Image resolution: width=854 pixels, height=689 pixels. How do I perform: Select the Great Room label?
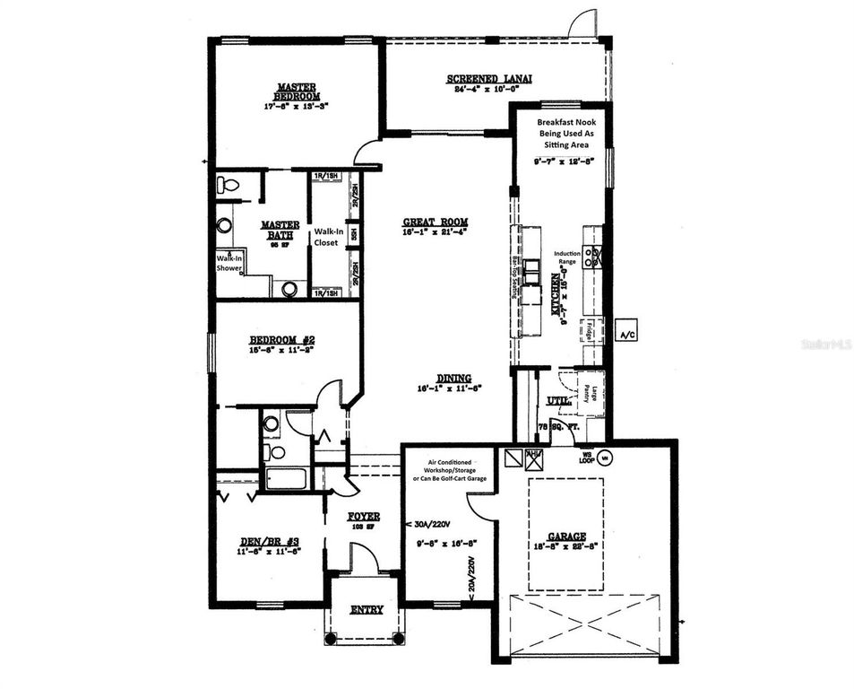click(436, 222)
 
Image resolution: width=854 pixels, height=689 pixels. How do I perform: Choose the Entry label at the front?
click(367, 609)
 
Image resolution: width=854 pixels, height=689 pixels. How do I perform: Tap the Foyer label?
click(364, 517)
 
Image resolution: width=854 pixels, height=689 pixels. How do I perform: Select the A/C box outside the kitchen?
click(625, 334)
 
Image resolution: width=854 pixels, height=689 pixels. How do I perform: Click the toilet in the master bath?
click(228, 186)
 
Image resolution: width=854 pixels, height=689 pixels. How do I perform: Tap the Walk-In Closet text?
click(326, 236)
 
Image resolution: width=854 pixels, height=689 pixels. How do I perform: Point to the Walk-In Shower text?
click(229, 262)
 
